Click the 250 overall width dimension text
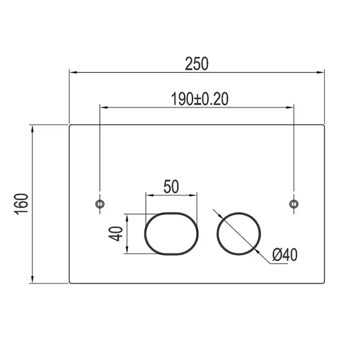197,64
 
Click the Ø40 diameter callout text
285,255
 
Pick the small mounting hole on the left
100,203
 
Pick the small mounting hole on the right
294,203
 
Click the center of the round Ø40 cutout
239,233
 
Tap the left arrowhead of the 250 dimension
72,73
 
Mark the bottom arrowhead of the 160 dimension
33,280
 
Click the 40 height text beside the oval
116,233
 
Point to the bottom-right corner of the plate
324,283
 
